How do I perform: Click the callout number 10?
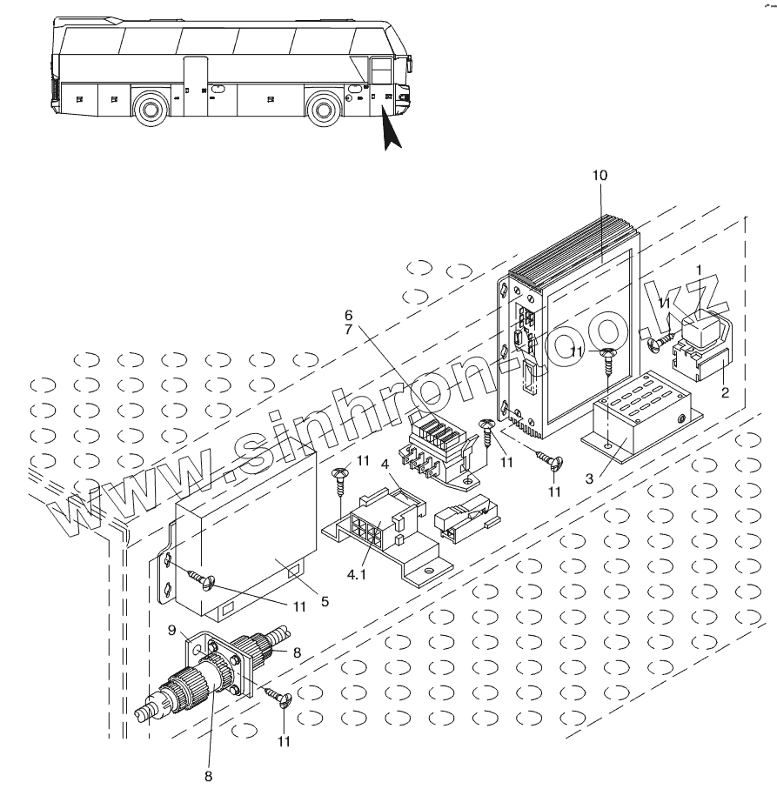coord(600,176)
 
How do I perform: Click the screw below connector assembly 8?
coord(279,695)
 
